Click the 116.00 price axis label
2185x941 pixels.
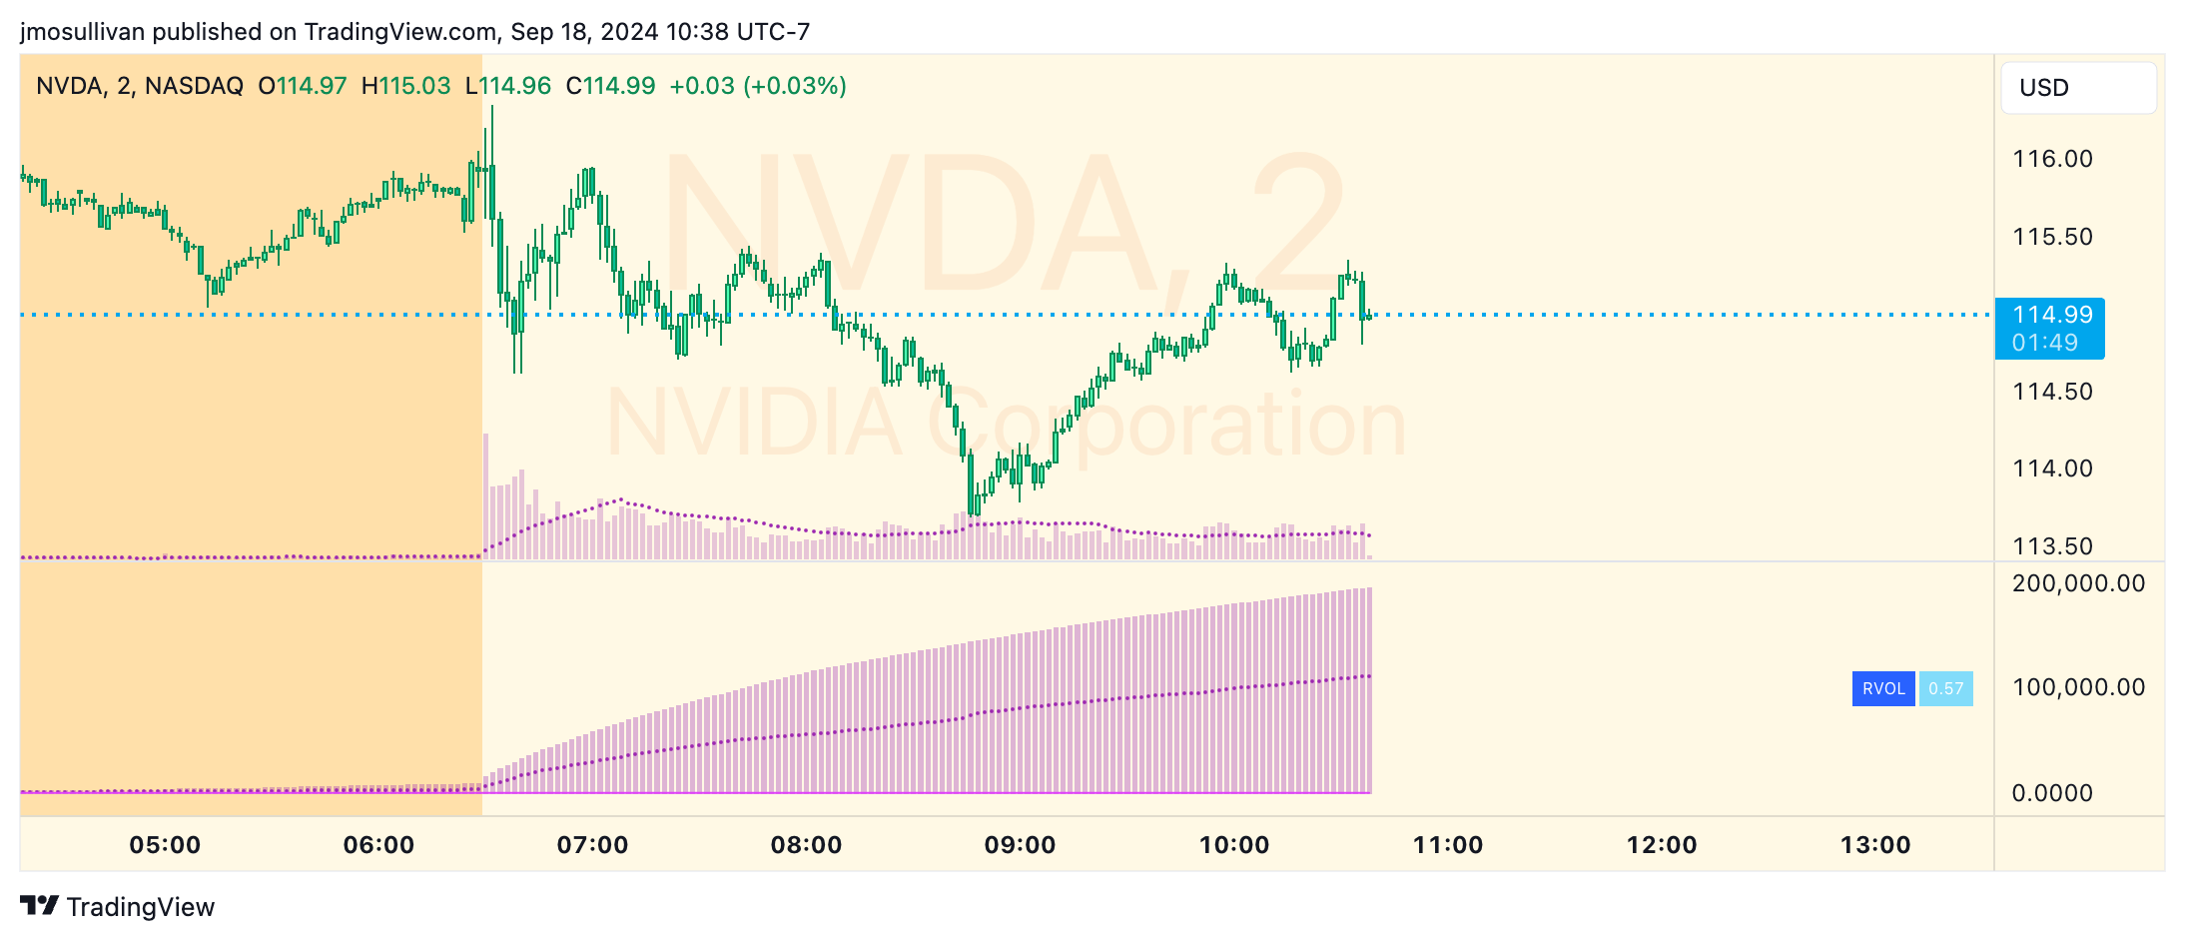(x=2052, y=159)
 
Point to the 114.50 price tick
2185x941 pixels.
(x=2052, y=392)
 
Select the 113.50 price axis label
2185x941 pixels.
(x=2052, y=546)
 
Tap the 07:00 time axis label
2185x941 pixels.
(x=592, y=845)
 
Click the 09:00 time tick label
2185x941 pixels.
(x=1020, y=845)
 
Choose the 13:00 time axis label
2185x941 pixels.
(x=1874, y=845)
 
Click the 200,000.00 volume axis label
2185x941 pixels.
(x=2078, y=583)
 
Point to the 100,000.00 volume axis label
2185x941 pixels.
(x=2078, y=687)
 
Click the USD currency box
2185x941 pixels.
(x=2077, y=88)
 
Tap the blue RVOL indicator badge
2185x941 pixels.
(x=1882, y=689)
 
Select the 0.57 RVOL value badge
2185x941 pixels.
(x=1945, y=689)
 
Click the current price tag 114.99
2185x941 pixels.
(x=2051, y=315)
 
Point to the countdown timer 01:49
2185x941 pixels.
(x=2044, y=343)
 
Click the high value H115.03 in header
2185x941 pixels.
(x=405, y=86)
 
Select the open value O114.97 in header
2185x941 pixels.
(x=302, y=86)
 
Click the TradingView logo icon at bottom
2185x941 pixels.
(x=39, y=905)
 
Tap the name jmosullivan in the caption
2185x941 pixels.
(x=83, y=32)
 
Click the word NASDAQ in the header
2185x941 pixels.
(x=194, y=86)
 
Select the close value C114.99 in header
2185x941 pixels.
(x=610, y=86)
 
